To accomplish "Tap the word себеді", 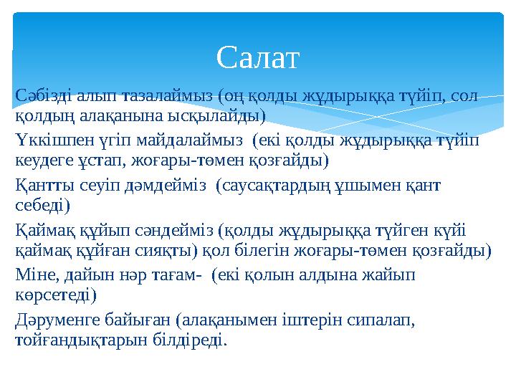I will click(x=42, y=206).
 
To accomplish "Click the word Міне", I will click(x=34, y=275).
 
